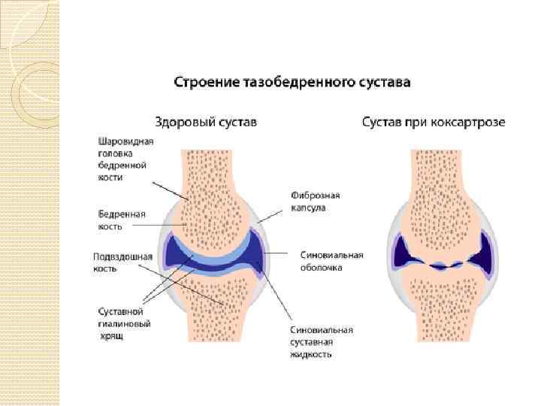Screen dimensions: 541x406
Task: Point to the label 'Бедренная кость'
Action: pos(121,219)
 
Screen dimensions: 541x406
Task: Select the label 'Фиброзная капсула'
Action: pos(310,201)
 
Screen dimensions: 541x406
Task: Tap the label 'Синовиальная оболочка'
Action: pos(331,260)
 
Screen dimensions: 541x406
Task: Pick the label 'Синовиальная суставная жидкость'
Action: pos(322,341)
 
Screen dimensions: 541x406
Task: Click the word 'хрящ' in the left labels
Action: pos(112,335)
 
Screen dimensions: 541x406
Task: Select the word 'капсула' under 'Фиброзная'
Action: pos(308,208)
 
